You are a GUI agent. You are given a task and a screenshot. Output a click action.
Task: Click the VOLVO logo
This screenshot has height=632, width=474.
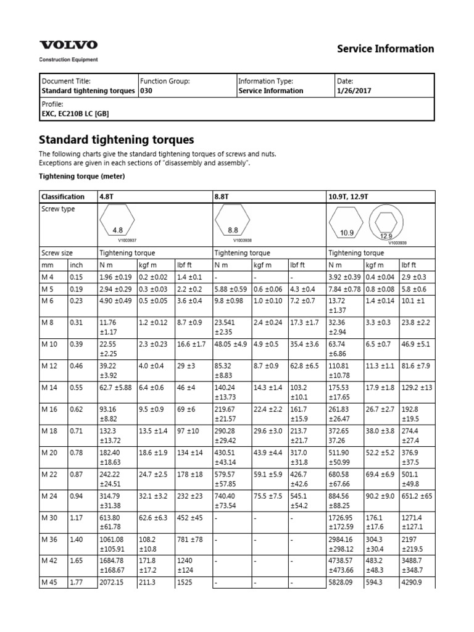coord(69,45)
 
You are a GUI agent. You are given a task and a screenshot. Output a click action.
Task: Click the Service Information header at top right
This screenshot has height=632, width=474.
coord(385,49)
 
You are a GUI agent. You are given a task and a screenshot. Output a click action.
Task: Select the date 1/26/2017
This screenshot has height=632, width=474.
coord(354,91)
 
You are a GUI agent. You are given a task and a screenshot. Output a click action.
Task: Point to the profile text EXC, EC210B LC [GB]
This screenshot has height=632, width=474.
coord(75,114)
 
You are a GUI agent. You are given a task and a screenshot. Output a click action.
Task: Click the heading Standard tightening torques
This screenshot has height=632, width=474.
coord(117,139)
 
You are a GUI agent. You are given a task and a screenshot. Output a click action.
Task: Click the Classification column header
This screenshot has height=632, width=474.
coord(63,197)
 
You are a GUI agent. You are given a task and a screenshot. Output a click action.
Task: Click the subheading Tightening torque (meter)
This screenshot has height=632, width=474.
coord(82,177)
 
